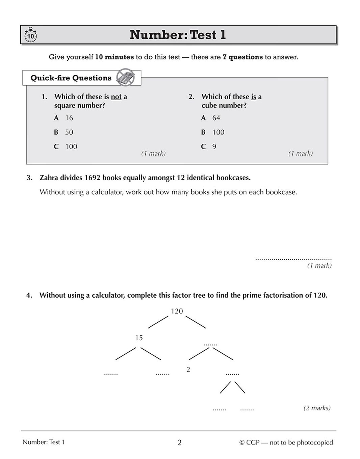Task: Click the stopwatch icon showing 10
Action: click(x=30, y=35)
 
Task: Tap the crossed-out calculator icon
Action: click(x=125, y=77)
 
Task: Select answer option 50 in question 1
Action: click(x=69, y=132)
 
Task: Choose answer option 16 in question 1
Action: click(x=69, y=118)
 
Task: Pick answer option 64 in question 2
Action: click(x=216, y=118)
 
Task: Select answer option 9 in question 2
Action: click(x=214, y=146)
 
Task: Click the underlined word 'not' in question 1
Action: click(x=116, y=97)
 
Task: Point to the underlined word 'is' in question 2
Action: click(x=254, y=97)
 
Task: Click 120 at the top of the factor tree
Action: click(x=177, y=311)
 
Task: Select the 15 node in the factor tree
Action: click(x=139, y=338)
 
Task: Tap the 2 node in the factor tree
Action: click(x=188, y=370)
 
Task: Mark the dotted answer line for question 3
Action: click(x=293, y=259)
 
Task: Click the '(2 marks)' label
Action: click(x=317, y=408)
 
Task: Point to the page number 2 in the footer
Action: click(x=180, y=442)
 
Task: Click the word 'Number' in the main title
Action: click(x=157, y=35)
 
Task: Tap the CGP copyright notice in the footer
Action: click(x=286, y=442)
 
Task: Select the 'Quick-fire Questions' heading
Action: click(x=71, y=78)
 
